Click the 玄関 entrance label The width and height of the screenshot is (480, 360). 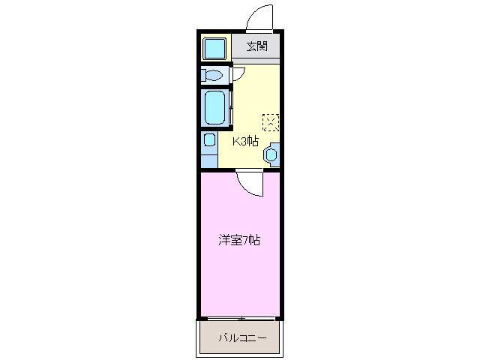(256, 46)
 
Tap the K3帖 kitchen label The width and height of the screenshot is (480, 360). (245, 140)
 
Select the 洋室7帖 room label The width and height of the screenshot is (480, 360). (240, 241)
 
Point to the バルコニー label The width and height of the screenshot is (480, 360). (242, 338)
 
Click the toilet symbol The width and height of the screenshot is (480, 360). (213, 75)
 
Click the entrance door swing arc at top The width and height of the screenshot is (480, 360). (259, 16)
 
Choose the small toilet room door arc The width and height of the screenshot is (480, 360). (237, 74)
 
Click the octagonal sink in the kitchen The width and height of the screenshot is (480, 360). (271, 154)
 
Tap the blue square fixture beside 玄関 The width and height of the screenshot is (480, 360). (214, 48)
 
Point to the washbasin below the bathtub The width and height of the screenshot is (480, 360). (208, 140)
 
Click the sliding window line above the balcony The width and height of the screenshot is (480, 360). (240, 318)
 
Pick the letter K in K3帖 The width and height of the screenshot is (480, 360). (235, 140)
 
